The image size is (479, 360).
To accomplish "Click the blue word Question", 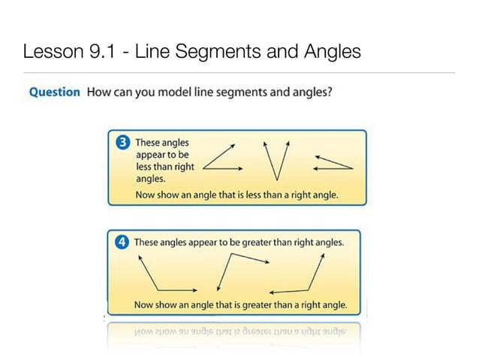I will (x=54, y=92).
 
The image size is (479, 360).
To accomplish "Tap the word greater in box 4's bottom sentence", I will (x=260, y=305).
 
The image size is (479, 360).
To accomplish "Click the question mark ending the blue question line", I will (x=330, y=92).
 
